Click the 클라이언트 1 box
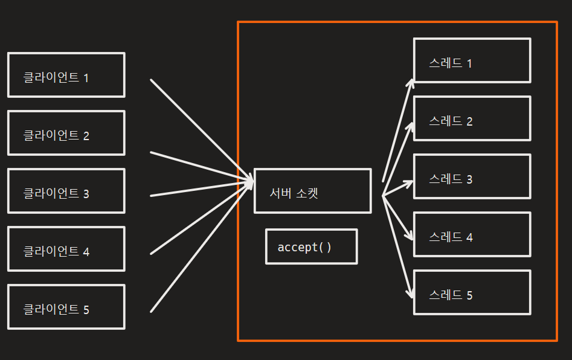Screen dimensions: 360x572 coord(66,75)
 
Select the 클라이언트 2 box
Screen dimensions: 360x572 coord(66,133)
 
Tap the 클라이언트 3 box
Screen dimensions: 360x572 coord(66,191)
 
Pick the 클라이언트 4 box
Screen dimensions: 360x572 coord(66,249)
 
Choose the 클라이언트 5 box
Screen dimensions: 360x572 coord(66,307)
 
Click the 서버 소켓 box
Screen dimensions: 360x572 coord(312,191)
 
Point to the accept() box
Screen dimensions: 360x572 coord(311,246)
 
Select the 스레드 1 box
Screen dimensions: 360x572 coord(472,60)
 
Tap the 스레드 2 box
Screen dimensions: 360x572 coord(472,118)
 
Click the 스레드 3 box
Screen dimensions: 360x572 coord(472,176)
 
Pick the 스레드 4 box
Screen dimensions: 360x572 coord(472,234)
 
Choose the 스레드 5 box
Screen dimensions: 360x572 coord(472,292)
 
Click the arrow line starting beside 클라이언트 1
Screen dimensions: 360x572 coord(199,128)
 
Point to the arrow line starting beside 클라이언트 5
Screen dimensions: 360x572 coord(199,248)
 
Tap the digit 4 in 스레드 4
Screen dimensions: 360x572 coord(469,237)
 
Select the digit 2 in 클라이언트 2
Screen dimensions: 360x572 coord(86,136)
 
